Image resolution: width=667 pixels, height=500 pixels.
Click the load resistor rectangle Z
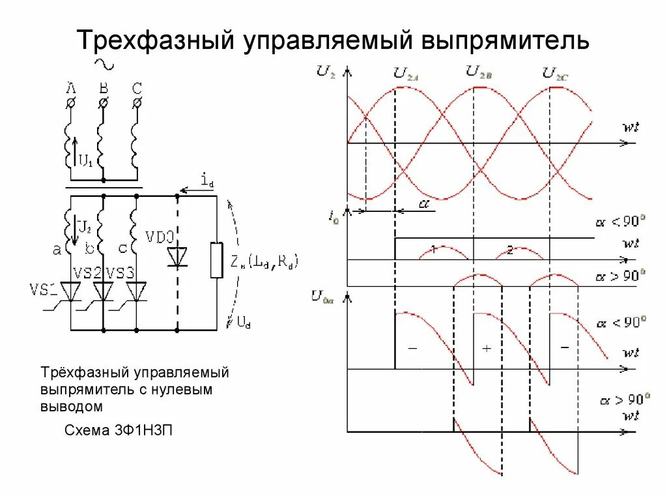point(216,260)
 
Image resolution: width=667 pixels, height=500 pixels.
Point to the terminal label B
point(103,87)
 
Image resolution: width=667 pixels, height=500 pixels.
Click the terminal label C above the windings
point(136,87)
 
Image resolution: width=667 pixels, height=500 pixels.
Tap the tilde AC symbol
point(104,64)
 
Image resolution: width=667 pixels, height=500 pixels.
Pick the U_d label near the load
point(242,321)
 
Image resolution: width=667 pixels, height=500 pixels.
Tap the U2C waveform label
point(556,74)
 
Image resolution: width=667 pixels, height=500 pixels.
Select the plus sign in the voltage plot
point(486,349)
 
